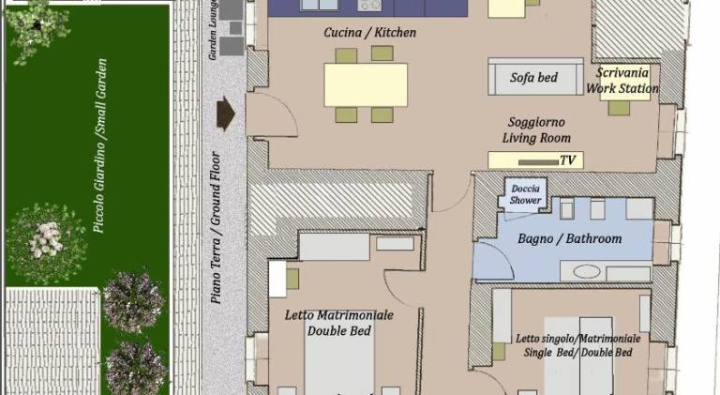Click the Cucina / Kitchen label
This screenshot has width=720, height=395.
pos(369,33)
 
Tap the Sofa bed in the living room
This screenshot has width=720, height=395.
pos(535,77)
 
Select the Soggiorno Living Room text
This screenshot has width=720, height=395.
pos(536,130)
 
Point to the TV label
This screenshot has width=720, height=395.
pos(568,160)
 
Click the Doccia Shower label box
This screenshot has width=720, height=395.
pos(525,195)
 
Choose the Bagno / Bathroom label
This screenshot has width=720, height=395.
pos(569,239)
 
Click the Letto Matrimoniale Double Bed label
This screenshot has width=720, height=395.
pos(338,323)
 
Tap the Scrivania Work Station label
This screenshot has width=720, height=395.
pos(622,81)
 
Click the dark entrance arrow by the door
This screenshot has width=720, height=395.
pos(225,113)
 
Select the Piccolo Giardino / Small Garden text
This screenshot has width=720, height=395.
pos(100,145)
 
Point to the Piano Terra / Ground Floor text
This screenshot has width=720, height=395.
pos(216,227)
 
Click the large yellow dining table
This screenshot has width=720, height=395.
pos(366,85)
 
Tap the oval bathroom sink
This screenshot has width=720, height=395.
pos(586,272)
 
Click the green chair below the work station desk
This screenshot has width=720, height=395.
pos(619,108)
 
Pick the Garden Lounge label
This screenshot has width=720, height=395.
pos(213,30)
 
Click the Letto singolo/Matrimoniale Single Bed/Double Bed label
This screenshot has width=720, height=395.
pos(577,345)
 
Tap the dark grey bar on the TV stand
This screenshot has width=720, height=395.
pos(539,162)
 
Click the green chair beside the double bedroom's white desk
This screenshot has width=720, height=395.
pos(292,279)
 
